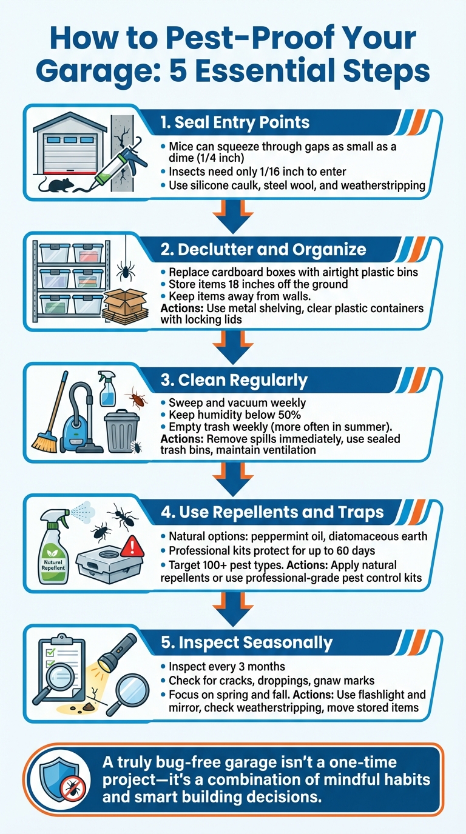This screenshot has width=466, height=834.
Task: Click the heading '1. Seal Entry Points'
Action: click(235, 122)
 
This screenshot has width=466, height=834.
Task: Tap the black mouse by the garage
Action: click(56, 185)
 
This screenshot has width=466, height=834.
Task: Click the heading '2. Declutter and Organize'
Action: click(263, 250)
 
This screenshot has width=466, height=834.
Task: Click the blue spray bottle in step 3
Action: click(107, 389)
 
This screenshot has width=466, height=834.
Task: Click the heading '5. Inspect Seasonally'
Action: click(247, 642)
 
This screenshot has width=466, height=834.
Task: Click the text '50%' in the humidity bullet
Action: click(289, 415)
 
